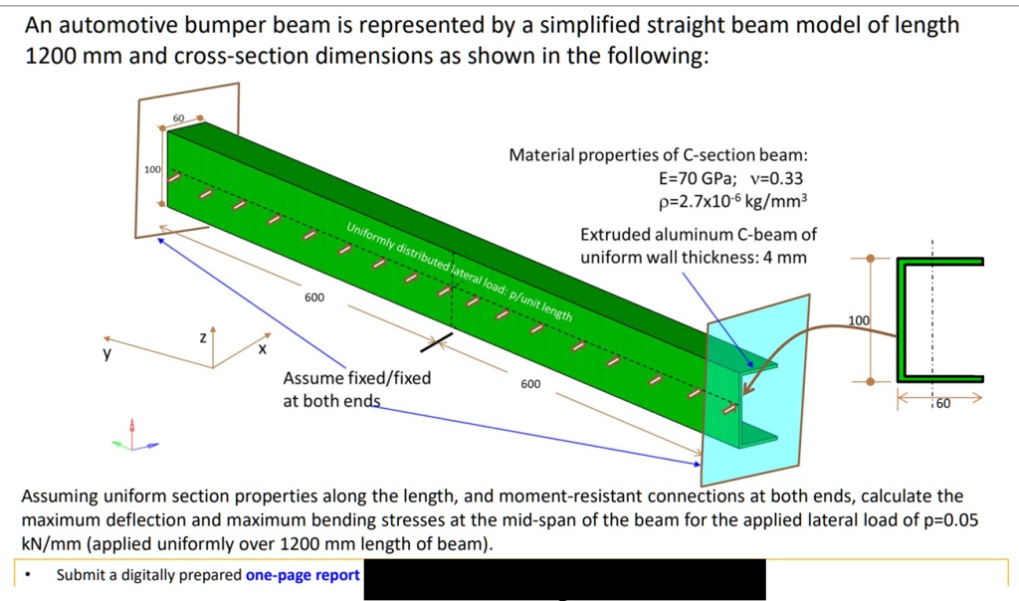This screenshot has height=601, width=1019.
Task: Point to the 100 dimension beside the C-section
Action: (x=858, y=320)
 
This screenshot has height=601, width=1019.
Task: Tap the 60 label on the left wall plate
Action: (x=178, y=119)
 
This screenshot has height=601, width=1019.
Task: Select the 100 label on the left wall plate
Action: (x=152, y=170)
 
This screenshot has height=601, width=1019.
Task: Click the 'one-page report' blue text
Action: (x=303, y=575)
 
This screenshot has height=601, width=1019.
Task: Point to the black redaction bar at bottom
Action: (x=564, y=579)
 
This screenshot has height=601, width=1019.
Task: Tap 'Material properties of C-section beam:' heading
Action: (x=658, y=155)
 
